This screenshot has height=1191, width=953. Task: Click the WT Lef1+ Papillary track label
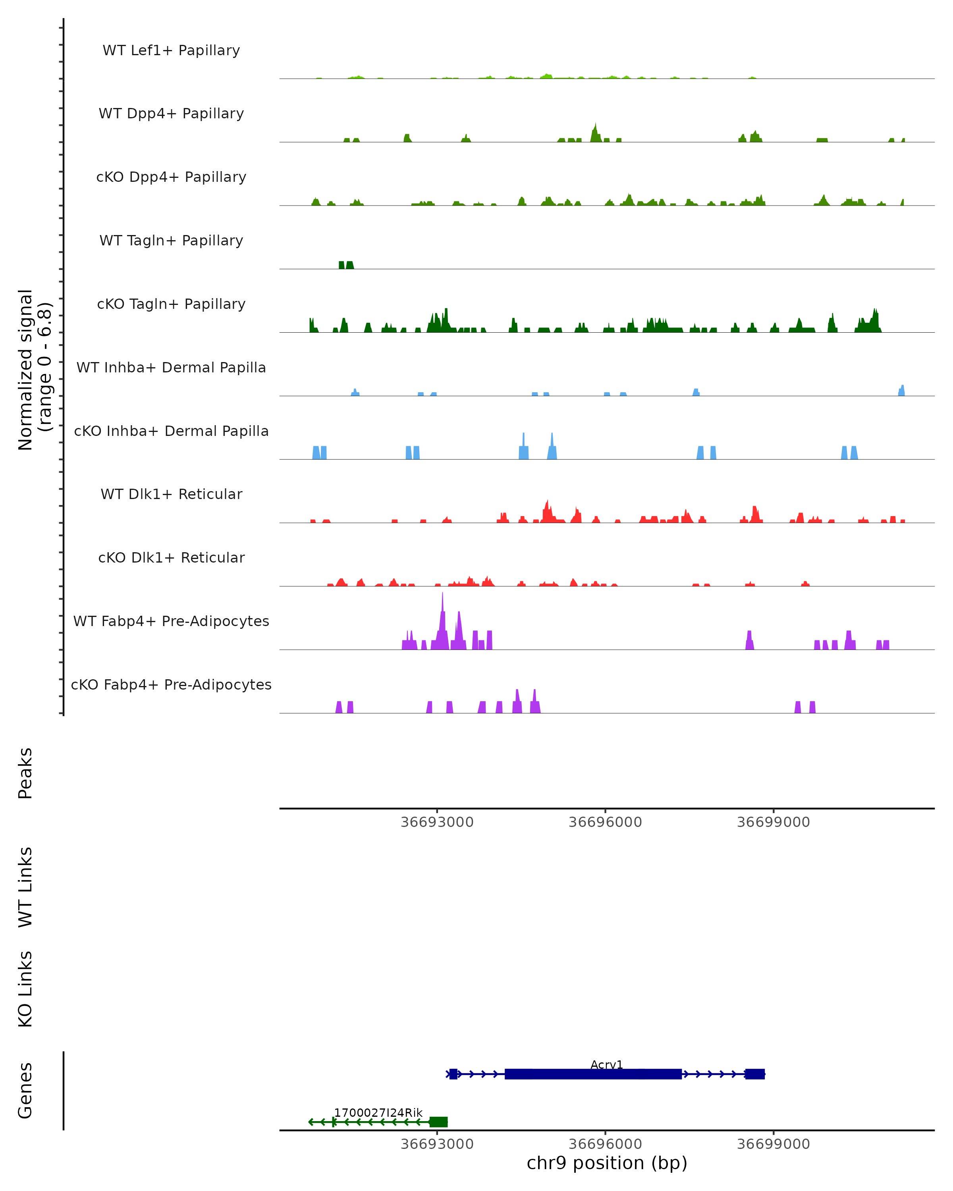(171, 50)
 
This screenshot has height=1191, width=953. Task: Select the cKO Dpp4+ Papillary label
(171, 177)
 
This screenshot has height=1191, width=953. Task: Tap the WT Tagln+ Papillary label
(171, 241)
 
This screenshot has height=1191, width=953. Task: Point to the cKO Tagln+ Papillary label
(171, 304)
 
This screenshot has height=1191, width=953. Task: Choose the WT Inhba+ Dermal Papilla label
(171, 368)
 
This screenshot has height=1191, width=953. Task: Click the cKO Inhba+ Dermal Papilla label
(171, 432)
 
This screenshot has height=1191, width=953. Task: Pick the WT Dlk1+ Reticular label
(171, 494)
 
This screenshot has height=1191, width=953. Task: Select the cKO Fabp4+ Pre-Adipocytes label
(171, 685)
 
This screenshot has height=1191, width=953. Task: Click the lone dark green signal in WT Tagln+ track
(346, 265)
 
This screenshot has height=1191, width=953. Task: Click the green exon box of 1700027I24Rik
(439, 1122)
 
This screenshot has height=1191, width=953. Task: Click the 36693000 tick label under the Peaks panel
(437, 823)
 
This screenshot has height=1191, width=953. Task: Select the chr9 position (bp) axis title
(607, 1163)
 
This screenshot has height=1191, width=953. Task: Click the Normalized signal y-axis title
(34, 370)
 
